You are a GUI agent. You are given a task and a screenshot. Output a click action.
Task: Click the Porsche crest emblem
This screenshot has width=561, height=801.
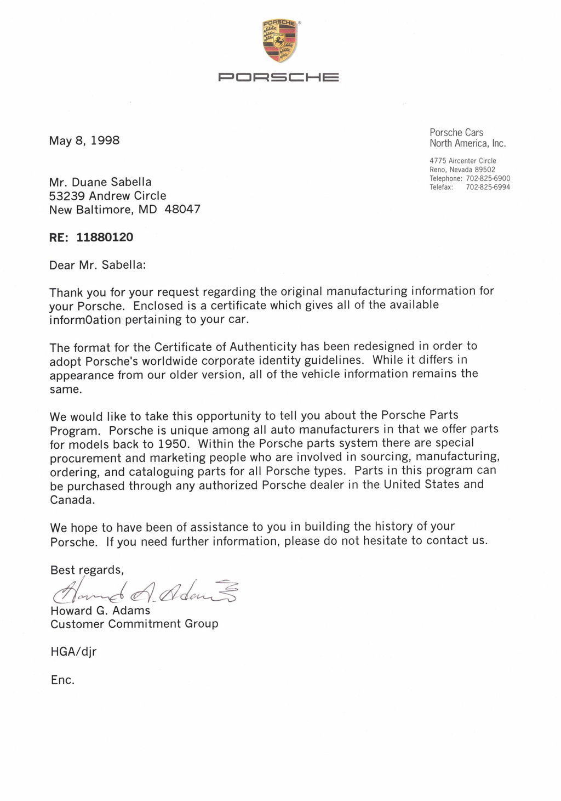coord(280,41)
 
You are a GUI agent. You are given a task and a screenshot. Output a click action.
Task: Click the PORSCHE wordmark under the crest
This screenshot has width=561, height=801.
coord(278,77)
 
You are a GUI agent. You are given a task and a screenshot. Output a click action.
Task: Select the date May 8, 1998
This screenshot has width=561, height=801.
coord(84,140)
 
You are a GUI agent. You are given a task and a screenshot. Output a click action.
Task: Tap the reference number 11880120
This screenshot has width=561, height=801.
coord(105,238)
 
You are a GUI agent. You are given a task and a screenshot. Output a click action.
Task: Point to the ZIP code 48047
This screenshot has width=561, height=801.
coord(182,210)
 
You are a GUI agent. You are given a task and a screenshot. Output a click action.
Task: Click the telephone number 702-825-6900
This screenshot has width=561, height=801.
coord(488,178)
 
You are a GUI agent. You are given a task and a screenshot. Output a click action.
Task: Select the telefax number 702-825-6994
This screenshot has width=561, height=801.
coord(488,187)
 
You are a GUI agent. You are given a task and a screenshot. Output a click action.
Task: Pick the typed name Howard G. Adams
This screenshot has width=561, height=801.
coord(100,611)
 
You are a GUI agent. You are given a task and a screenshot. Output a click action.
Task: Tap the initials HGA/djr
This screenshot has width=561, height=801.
coord(73,652)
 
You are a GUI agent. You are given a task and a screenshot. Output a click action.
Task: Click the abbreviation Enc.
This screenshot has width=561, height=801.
coord(62,680)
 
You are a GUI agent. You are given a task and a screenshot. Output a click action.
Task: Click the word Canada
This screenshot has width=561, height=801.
coord(72,500)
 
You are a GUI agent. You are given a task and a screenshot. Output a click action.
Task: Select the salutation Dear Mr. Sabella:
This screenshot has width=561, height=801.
coord(98,266)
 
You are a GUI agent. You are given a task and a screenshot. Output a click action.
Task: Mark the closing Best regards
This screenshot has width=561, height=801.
coord(87,570)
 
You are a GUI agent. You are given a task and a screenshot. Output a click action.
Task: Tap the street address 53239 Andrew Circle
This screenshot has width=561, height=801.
coord(107,196)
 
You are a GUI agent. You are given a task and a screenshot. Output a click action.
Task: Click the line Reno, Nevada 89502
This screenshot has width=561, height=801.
coord(462,170)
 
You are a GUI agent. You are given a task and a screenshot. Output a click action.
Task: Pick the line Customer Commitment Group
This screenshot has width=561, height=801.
coord(134,624)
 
